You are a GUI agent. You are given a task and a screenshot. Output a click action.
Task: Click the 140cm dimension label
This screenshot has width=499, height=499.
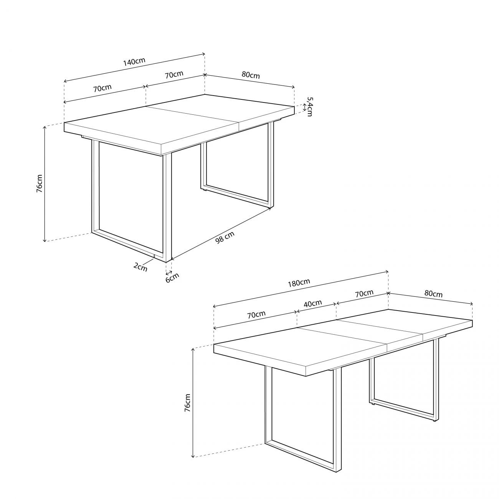coord(134,61)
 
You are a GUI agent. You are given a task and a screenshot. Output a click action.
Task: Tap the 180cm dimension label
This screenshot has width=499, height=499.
coord(299,283)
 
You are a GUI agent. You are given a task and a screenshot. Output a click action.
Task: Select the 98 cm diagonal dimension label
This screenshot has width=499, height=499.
coord(225,238)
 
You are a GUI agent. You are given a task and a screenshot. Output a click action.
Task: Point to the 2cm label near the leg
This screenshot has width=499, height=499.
coord(140,266)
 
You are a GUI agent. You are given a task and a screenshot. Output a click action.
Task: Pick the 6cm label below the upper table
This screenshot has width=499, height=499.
coord(172,277)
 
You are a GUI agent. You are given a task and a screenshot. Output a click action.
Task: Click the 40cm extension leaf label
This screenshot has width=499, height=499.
coord(313,303)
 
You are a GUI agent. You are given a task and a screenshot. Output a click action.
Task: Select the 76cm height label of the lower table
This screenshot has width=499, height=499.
coord(187,403)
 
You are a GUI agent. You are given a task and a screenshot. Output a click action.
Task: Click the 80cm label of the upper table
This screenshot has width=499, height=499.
coord(251,75)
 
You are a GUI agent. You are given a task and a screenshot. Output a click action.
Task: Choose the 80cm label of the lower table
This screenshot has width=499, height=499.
coord(433,294)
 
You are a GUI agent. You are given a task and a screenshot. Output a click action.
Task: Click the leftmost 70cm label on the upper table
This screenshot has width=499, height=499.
coord(102,88)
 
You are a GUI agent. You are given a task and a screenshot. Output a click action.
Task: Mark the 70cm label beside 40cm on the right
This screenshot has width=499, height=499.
coord(364,294)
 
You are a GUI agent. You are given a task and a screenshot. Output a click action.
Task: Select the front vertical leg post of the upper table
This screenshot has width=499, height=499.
coord(167,207)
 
